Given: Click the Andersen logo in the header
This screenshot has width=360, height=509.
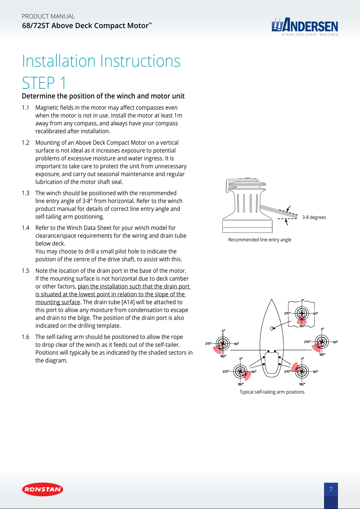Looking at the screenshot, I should click(x=305, y=26).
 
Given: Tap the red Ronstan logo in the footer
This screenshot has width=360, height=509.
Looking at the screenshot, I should click(x=43, y=489).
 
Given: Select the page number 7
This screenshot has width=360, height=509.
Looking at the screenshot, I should click(x=331, y=489).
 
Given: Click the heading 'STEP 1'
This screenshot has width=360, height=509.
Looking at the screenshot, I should click(x=44, y=83).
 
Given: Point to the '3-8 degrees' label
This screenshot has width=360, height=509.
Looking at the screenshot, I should click(x=314, y=217).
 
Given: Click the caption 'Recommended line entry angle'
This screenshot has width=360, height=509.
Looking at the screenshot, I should click(x=260, y=240).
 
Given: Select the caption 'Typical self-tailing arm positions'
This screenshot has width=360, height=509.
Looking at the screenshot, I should click(x=272, y=392).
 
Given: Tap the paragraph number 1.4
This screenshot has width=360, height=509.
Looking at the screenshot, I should click(x=26, y=228).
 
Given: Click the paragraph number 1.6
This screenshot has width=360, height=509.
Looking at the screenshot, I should click(x=26, y=337).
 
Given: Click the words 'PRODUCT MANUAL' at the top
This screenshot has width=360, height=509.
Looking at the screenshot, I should click(x=48, y=16).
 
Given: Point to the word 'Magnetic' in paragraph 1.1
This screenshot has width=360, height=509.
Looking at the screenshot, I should click(x=47, y=108).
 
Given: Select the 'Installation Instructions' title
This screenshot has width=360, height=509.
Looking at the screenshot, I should click(x=101, y=61).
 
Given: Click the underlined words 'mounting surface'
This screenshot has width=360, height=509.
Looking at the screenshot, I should click(x=58, y=302).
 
